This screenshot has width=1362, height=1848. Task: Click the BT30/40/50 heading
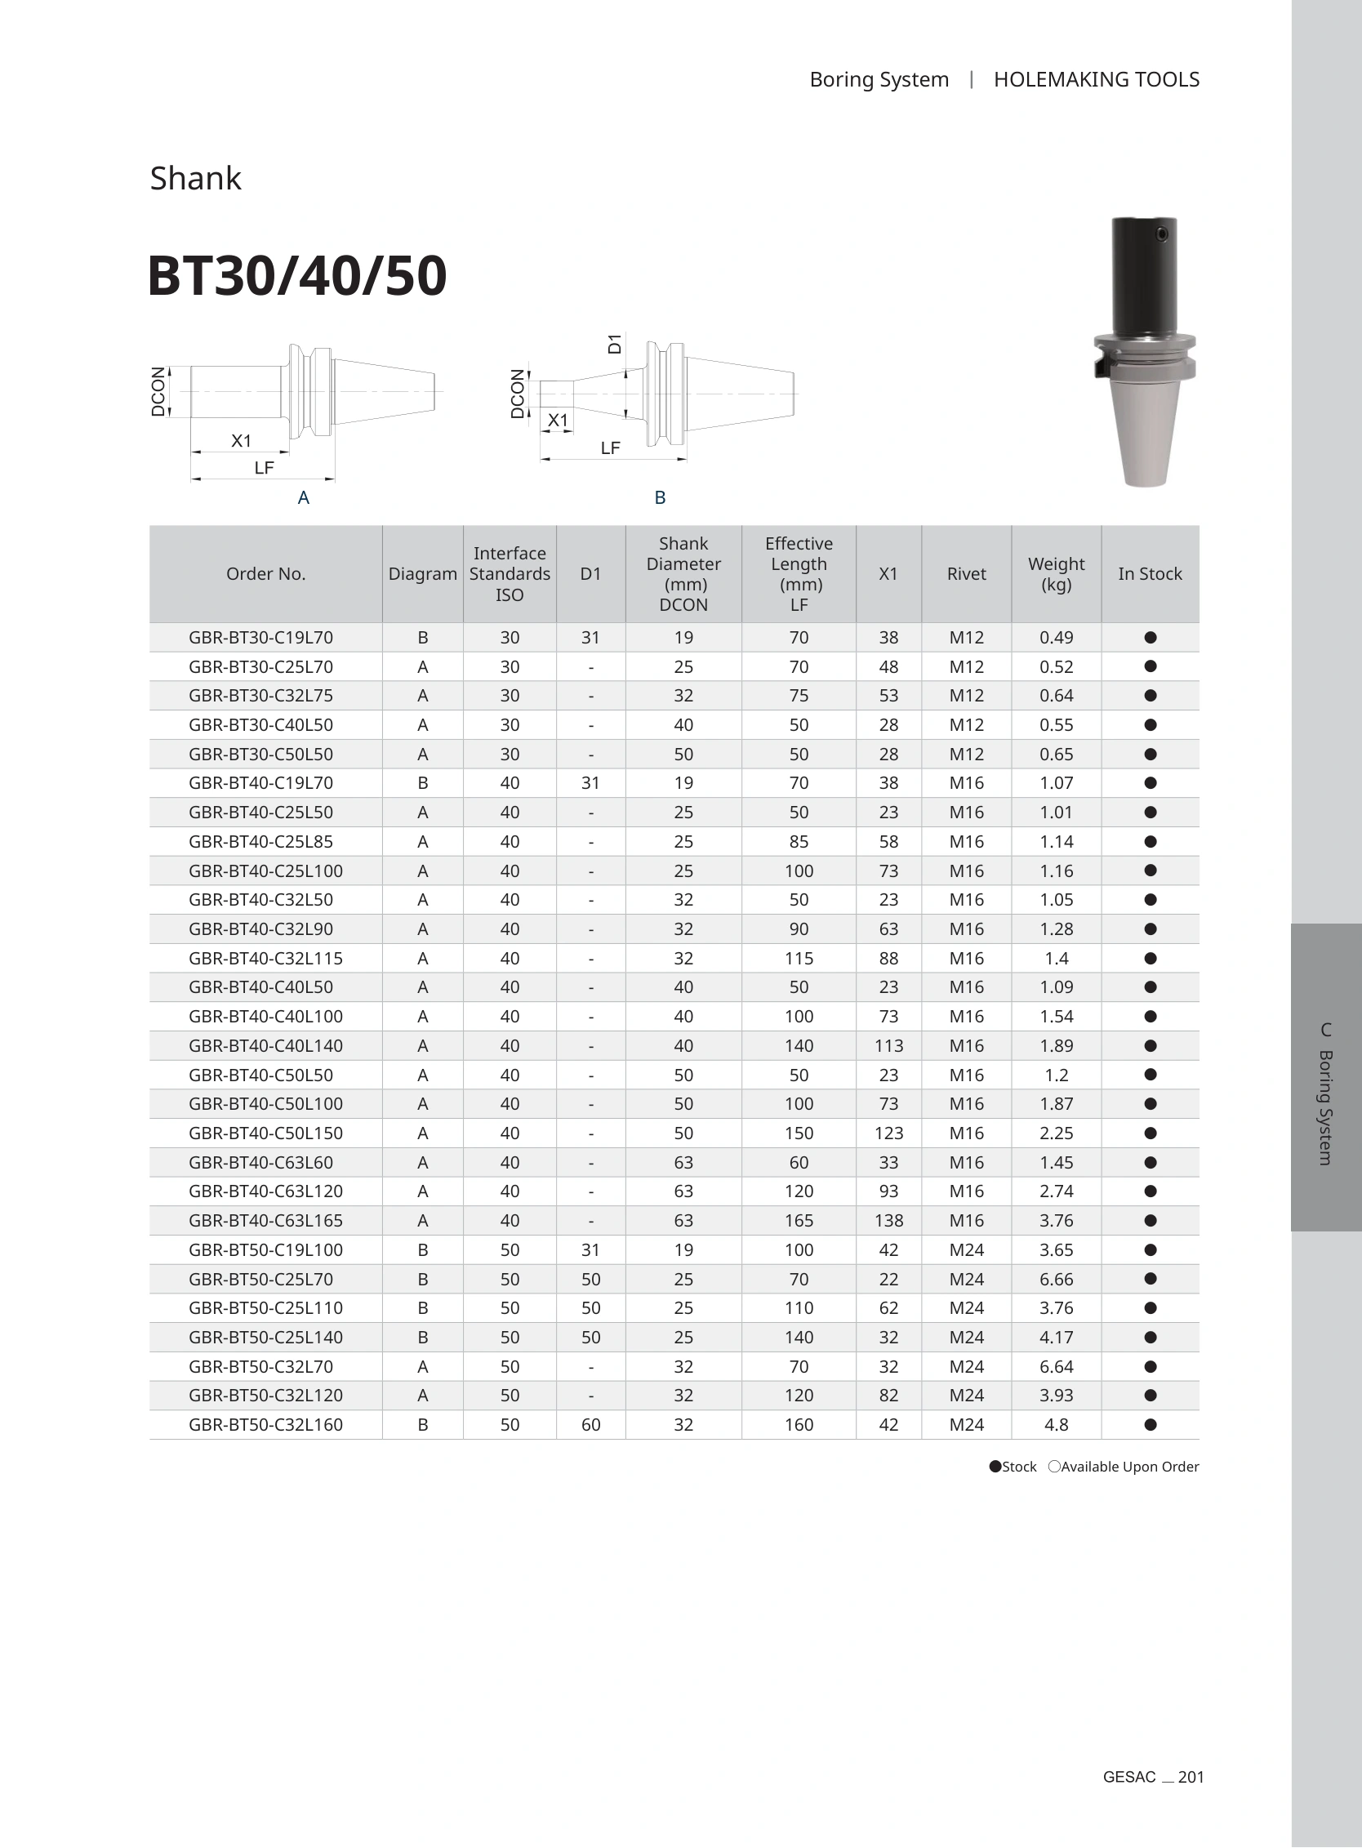click(x=296, y=275)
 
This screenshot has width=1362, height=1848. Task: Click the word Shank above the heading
click(x=195, y=178)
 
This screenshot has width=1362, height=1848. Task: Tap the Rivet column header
click(x=966, y=574)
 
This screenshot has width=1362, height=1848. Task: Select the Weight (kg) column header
click(x=1056, y=574)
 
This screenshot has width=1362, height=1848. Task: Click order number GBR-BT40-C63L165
click(x=265, y=1221)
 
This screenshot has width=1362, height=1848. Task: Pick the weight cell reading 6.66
click(x=1056, y=1279)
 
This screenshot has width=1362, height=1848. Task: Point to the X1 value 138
click(x=888, y=1221)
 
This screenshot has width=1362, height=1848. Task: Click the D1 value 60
click(x=591, y=1425)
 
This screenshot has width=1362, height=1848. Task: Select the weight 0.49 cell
click(x=1056, y=638)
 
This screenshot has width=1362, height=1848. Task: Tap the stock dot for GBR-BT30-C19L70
click(x=1151, y=638)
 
